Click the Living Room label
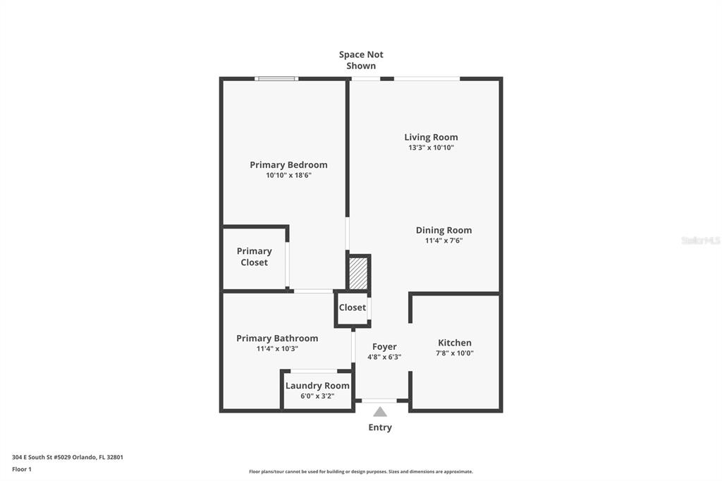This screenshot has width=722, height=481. (431, 138)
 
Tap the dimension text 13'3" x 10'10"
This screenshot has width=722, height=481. (431, 148)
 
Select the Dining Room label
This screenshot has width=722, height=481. (444, 231)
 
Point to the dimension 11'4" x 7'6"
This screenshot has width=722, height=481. (444, 240)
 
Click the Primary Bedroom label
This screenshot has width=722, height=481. (288, 165)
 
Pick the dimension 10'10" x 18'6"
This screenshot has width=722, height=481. (288, 176)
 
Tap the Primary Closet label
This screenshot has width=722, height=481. (254, 257)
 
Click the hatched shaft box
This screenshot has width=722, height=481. (358, 273)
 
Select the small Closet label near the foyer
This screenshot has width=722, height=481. (353, 308)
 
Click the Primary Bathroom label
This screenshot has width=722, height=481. (277, 339)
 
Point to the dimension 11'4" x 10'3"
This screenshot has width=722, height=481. (277, 349)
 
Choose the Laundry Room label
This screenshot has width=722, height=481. (317, 386)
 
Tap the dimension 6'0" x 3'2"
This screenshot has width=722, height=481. (317, 396)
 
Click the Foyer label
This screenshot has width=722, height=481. (384, 347)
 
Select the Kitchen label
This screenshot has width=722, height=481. (455, 343)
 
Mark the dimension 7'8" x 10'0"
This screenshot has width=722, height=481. (455, 353)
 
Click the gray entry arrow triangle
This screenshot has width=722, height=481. (380, 412)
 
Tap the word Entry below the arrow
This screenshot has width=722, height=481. (380, 427)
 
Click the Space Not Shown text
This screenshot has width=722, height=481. (361, 61)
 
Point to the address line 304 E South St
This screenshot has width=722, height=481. (68, 458)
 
